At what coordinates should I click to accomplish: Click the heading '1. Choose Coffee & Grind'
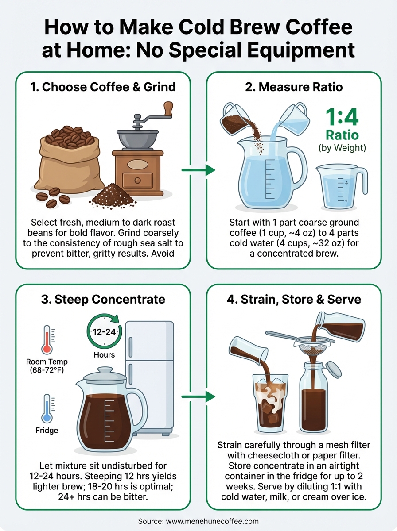click(x=103, y=86)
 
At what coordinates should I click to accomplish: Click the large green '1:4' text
click(x=342, y=117)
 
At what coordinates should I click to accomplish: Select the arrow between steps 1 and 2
click(x=198, y=170)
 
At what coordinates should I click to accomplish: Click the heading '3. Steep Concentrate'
click(x=103, y=299)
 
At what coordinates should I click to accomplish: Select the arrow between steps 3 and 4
click(x=198, y=396)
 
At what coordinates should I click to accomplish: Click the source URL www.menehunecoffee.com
click(x=198, y=521)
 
